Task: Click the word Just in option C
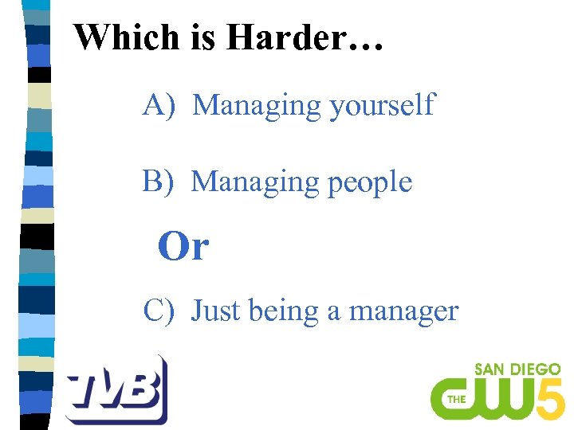216,310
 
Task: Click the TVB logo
116,389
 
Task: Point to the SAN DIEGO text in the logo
517,370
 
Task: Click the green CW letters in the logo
486,398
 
